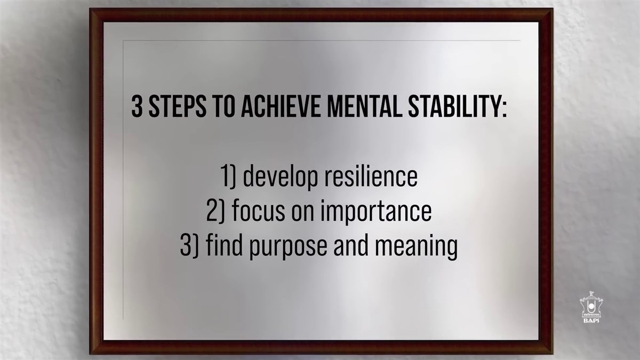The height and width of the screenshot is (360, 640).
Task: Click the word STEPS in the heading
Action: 178,106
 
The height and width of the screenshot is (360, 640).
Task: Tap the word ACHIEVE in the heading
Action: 281,106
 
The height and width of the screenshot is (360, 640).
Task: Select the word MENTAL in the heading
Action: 365,106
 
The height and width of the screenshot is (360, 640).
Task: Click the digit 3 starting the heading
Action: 137,106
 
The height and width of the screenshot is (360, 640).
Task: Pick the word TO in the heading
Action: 223,106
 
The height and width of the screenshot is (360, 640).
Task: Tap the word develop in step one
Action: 281,177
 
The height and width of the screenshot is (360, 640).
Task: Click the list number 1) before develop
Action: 228,177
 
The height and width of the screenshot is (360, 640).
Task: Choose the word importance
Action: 377,212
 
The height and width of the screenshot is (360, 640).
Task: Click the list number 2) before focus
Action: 215,211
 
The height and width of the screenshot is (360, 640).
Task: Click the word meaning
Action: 417,246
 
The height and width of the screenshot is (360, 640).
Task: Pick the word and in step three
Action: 351,245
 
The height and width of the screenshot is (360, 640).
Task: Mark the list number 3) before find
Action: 189,245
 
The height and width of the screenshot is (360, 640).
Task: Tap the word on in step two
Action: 303,213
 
